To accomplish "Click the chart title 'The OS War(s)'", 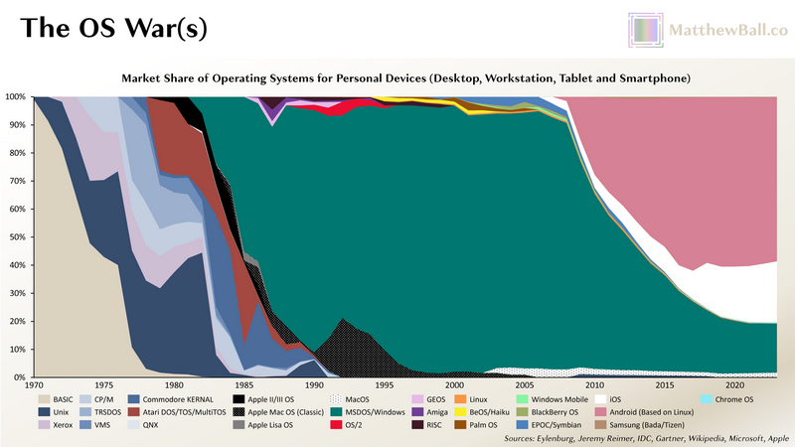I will point(113,28).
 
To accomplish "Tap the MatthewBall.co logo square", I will point(644,30).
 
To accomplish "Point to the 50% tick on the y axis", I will point(16,237).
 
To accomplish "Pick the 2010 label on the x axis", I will point(595,384).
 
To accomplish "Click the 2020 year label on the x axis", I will point(735,384).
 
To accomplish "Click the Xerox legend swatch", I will point(45,424).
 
